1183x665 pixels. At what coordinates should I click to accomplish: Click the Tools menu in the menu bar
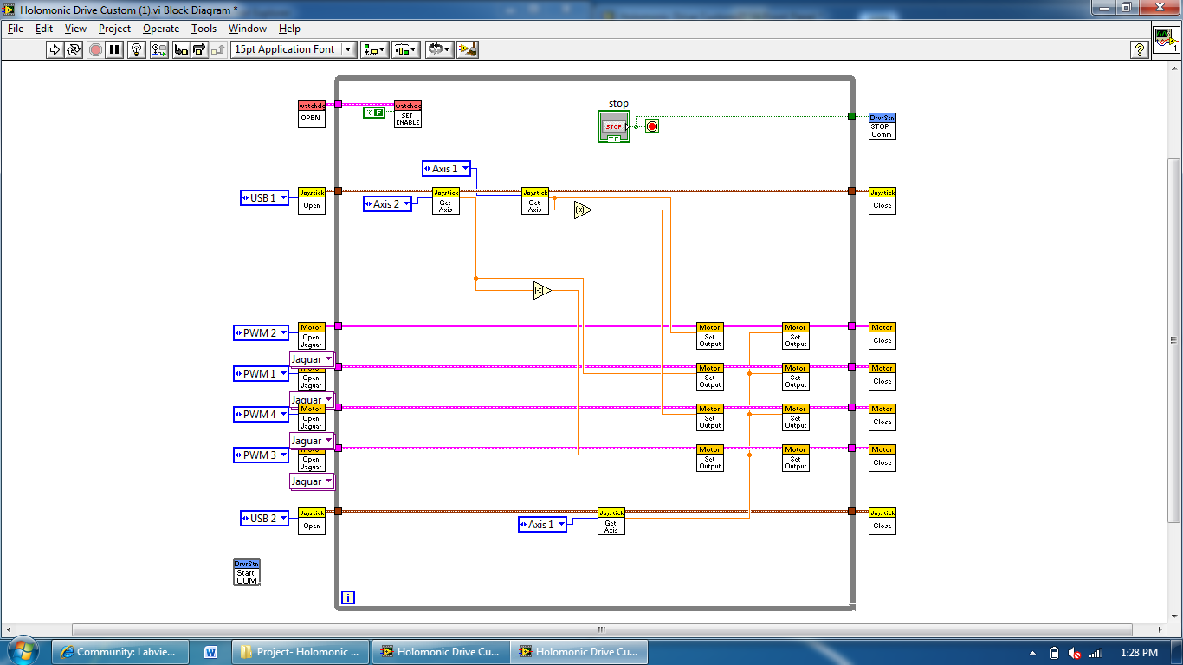[x=204, y=29]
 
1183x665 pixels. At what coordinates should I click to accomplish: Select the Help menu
[x=289, y=29]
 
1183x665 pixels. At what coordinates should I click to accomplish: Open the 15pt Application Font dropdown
[x=294, y=49]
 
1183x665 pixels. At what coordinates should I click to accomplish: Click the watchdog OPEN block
[x=311, y=113]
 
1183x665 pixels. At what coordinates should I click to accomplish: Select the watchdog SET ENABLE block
[x=407, y=113]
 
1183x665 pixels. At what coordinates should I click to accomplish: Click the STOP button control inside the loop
[x=613, y=126]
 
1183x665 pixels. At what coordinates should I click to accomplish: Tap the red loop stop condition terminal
[x=652, y=126]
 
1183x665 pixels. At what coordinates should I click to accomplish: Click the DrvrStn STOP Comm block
[x=882, y=126]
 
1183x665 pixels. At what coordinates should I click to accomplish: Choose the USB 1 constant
[x=263, y=198]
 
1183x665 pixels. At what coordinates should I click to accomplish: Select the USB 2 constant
[x=263, y=519]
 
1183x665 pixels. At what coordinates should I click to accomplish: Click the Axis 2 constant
[x=386, y=204]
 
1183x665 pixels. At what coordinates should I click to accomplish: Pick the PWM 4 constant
[x=260, y=415]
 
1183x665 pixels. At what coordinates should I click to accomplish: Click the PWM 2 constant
[x=260, y=333]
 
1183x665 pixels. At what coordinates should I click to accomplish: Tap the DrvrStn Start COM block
[x=247, y=572]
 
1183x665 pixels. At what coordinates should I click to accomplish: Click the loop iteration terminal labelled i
[x=347, y=597]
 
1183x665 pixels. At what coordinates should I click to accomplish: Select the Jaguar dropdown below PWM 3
[x=311, y=481]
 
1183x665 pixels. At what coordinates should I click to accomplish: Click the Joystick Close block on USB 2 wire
[x=882, y=520]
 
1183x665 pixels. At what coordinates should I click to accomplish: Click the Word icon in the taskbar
[x=210, y=652]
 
